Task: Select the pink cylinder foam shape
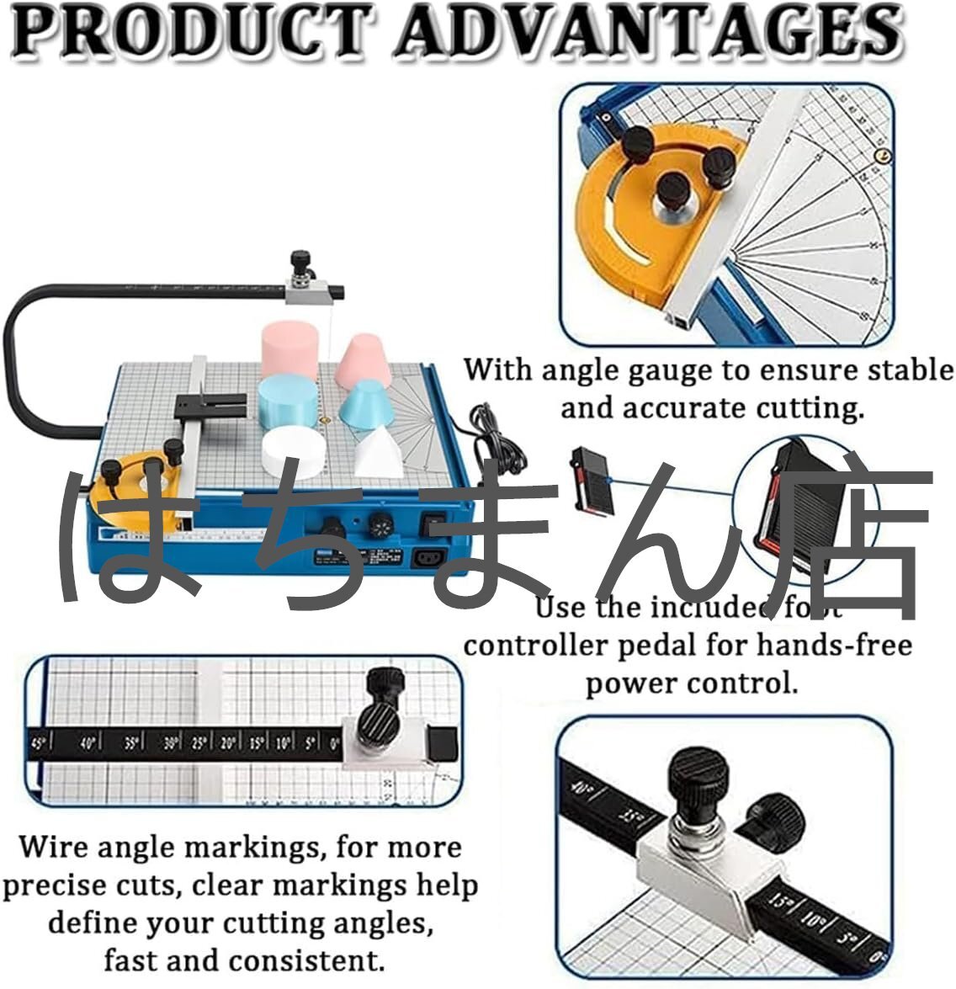289,348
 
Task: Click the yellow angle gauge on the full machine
139,488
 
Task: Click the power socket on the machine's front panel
429,558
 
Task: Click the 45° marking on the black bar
38,744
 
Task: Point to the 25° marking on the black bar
199,744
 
